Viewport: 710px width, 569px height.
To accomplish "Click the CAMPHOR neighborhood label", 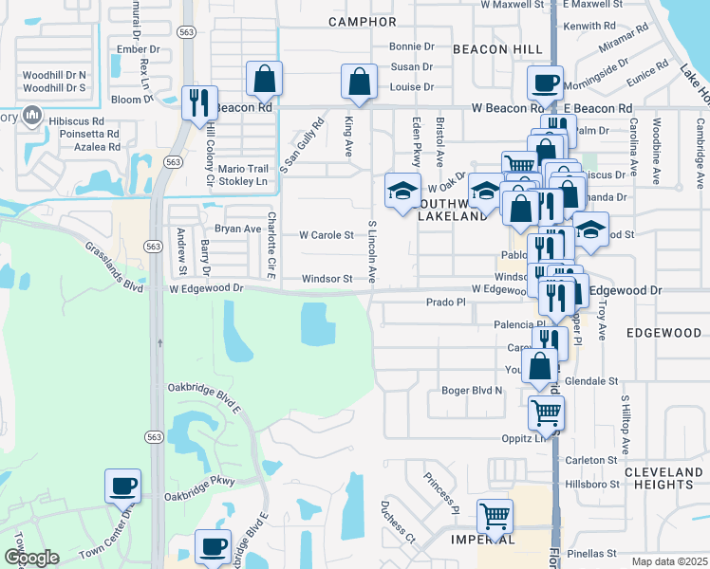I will pos(362,21).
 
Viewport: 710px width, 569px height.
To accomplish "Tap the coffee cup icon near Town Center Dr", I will pos(123,486).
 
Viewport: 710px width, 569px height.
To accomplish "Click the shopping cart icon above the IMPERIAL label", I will pos(495,517).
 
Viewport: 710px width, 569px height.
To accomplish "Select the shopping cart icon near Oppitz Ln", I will pos(546,413).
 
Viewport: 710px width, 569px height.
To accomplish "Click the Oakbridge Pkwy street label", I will pos(198,494).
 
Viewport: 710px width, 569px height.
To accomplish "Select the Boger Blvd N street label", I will pos(473,390).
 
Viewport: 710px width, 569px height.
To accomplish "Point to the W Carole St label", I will pos(327,235).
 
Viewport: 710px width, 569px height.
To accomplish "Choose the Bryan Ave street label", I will pos(237,229).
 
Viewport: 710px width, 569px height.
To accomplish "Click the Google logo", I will pos(32,558).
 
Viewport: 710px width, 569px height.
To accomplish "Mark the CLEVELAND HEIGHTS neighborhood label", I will pos(664,478).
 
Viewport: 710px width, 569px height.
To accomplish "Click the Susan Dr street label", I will pos(412,66).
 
